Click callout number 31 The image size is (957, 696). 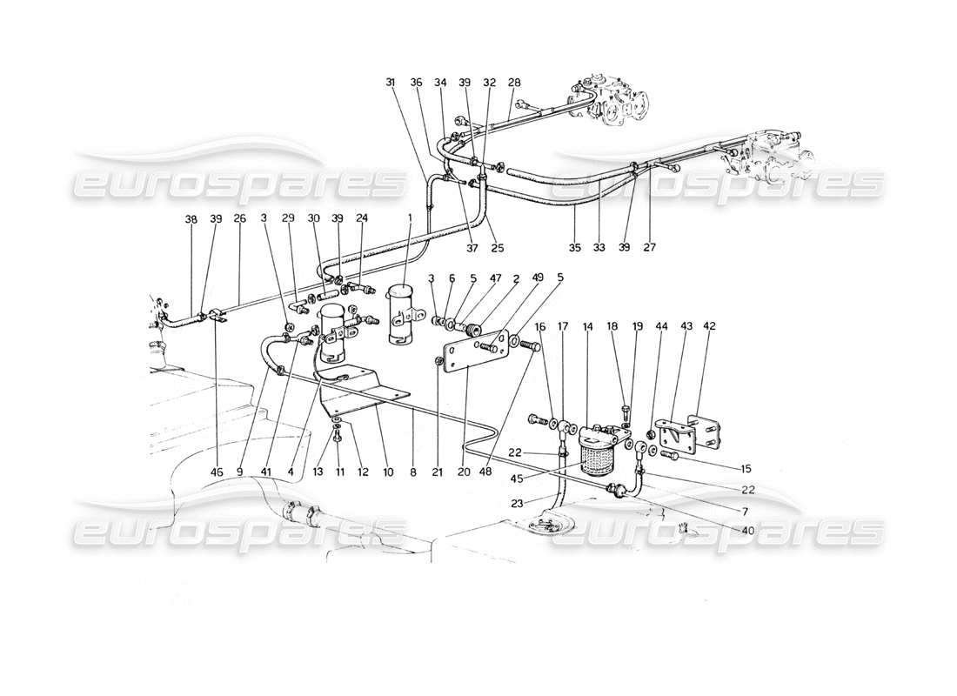click(391, 83)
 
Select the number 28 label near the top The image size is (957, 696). click(514, 83)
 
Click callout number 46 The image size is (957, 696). click(217, 472)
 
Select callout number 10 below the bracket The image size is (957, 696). click(388, 472)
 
